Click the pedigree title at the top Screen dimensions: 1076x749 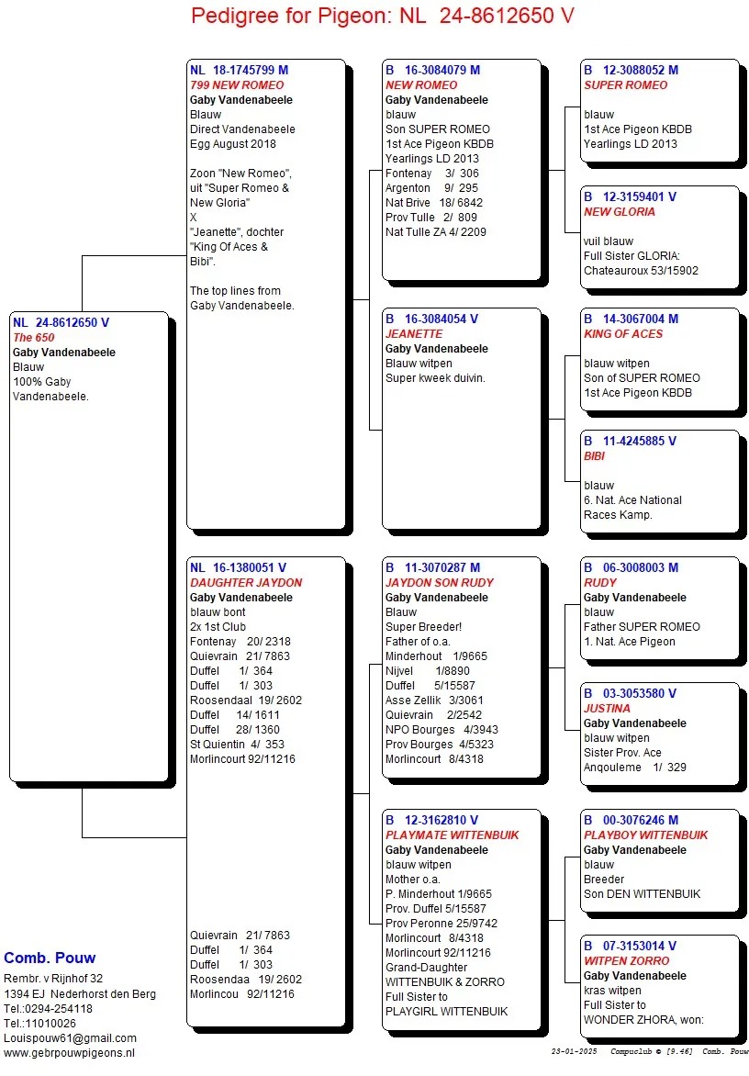pyautogui.click(x=383, y=16)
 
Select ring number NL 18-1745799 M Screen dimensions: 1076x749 pyautogui.click(x=239, y=70)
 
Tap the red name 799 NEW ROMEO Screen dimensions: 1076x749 pyautogui.click(x=237, y=84)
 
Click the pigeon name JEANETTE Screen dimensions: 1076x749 pyautogui.click(x=414, y=334)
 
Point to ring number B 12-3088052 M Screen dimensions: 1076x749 pyautogui.click(x=631, y=70)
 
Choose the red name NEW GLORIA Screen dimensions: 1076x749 pyautogui.click(x=620, y=211)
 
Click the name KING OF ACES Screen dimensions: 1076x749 pyautogui.click(x=623, y=334)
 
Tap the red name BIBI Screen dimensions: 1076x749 pyautogui.click(x=595, y=455)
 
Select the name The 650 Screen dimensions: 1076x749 pyautogui.click(x=34, y=338)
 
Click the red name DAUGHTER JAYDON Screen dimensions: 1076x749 pyautogui.click(x=246, y=582)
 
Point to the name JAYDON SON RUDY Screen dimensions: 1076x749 pyautogui.click(x=440, y=582)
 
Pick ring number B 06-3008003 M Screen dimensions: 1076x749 pyautogui.click(x=631, y=567)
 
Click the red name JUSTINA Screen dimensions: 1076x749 pyautogui.click(x=607, y=708)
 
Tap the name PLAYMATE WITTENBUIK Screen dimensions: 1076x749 pyautogui.click(x=452, y=835)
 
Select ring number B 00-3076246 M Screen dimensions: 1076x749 pyautogui.click(x=631, y=820)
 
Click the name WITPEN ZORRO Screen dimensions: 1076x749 pyautogui.click(x=627, y=960)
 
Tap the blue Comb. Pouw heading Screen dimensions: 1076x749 pyautogui.click(x=50, y=958)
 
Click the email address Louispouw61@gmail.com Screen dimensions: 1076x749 pyautogui.click(x=70, y=1037)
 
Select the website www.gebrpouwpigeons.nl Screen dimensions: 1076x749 pyautogui.click(x=70, y=1052)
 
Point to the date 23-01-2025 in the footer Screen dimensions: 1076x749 pyautogui.click(x=575, y=1051)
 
